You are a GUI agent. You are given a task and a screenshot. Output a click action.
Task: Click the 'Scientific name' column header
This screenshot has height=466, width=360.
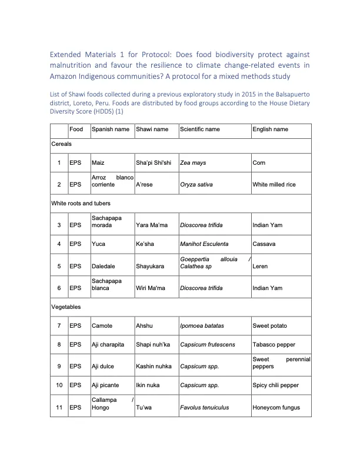pos(200,129)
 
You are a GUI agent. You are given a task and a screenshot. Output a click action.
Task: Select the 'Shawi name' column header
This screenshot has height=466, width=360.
pos(152,129)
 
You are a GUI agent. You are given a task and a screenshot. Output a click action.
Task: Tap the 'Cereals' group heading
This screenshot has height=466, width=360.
pos(62,144)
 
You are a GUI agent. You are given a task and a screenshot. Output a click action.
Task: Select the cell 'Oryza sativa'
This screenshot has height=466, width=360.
pos(196,184)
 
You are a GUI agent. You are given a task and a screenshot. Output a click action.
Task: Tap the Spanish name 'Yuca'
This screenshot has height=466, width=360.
pos(98,244)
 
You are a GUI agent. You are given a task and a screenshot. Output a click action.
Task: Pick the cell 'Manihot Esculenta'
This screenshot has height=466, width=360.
pos(204,244)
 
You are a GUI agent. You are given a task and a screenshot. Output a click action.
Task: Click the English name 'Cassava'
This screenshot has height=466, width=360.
pos(264,244)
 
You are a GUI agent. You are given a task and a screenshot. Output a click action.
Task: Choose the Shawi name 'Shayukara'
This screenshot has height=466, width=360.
pos(150,266)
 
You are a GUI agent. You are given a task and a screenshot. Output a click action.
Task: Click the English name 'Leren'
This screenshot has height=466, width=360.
pos(260,266)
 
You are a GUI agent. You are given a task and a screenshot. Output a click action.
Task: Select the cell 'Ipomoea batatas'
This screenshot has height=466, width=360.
pos(202,325)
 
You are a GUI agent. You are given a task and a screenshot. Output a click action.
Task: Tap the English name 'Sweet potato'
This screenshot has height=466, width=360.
pos(270,325)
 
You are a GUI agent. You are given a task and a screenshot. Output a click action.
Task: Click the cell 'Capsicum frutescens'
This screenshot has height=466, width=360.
pos(208,344)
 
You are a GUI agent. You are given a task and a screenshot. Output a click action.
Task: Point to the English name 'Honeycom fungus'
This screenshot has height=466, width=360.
pos(276,407)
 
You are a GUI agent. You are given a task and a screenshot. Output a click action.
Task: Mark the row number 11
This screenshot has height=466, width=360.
pos(59,407)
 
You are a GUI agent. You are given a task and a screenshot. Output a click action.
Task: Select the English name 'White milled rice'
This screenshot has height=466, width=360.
pos(274,184)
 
